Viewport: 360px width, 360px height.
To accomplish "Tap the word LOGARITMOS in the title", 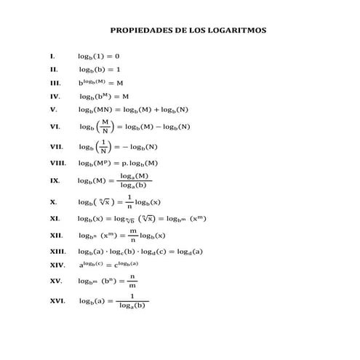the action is click(x=236, y=31).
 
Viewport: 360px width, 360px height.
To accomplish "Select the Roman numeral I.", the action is click(x=52, y=56).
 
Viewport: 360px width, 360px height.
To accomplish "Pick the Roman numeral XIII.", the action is click(x=57, y=251).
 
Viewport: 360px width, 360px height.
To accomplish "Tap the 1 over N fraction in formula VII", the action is click(x=104, y=147).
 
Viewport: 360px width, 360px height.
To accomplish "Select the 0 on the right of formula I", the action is click(x=117, y=56).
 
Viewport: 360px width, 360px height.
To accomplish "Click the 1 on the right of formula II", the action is click(x=119, y=69).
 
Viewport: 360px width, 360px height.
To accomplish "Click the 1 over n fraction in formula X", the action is click(x=129, y=201).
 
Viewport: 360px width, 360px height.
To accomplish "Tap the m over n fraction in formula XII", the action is click(x=132, y=236).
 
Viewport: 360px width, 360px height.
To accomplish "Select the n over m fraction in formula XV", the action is click(x=132, y=281).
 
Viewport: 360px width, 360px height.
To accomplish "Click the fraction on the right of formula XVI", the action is click(x=132, y=301).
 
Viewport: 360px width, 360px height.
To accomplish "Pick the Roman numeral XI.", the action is click(x=55, y=218).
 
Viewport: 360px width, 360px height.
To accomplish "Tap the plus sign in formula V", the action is click(x=156, y=110).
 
